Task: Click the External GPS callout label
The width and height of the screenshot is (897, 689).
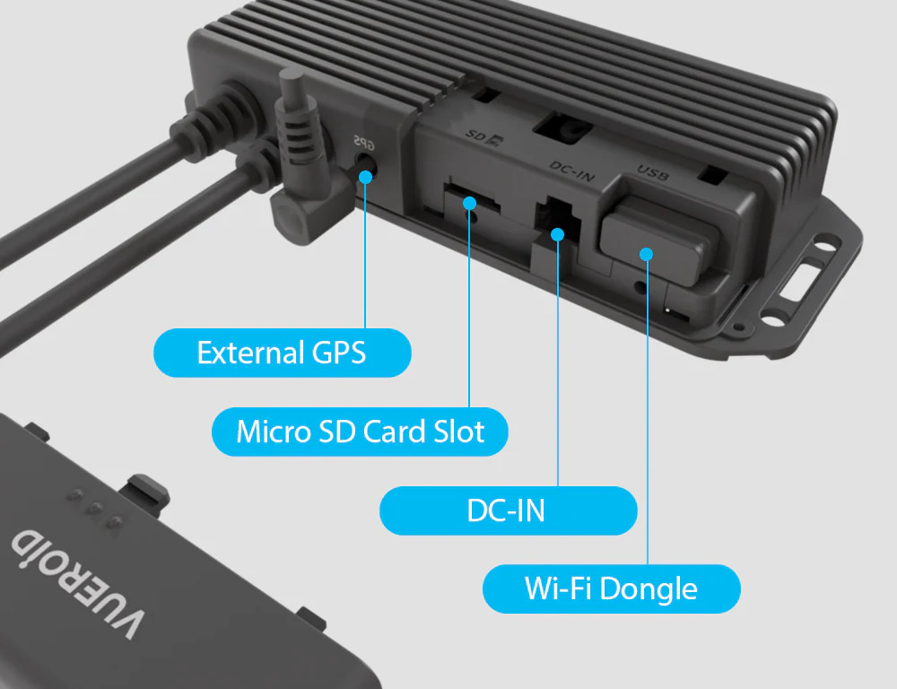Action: [282, 353]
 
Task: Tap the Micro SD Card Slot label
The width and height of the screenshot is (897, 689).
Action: [360, 432]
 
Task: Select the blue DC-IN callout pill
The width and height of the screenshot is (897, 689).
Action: [508, 510]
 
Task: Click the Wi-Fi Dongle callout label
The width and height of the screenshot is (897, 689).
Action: [612, 589]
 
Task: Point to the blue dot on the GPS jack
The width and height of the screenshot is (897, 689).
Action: [366, 176]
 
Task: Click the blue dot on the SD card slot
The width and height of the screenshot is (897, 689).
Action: [470, 203]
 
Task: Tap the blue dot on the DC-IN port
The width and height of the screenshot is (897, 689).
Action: [558, 234]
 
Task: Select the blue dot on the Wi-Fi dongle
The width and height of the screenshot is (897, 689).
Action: [647, 254]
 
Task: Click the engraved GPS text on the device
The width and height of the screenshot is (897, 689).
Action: [364, 142]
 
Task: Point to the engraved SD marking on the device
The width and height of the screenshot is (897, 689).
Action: [483, 136]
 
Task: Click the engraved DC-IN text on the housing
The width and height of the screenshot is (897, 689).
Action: [572, 171]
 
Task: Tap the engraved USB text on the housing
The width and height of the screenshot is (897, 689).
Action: [653, 173]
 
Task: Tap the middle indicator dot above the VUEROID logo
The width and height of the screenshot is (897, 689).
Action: [96, 507]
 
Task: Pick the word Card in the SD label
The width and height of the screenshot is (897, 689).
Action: [396, 431]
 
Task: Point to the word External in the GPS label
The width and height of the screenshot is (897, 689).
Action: [250, 353]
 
